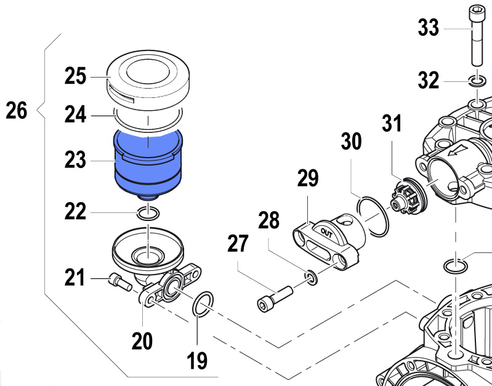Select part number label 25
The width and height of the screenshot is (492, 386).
pyautogui.click(x=77, y=77)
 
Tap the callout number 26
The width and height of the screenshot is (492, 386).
pyautogui.click(x=17, y=111)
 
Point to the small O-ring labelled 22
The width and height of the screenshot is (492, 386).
pyautogui.click(x=148, y=214)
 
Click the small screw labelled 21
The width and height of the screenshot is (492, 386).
pyautogui.click(x=118, y=281)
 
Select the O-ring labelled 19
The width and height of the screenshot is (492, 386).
pyautogui.click(x=203, y=304)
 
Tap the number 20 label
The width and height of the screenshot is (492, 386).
pyautogui.click(x=142, y=340)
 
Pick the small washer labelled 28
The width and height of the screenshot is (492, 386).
pyautogui.click(x=312, y=278)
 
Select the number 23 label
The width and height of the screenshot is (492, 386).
pyautogui.click(x=77, y=161)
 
